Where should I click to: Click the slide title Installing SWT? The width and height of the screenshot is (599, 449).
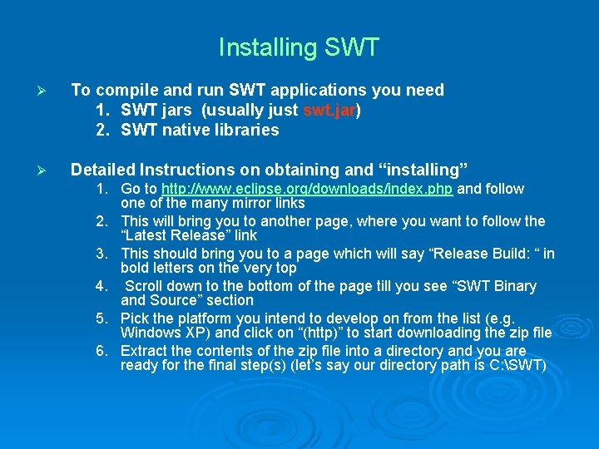point(299,47)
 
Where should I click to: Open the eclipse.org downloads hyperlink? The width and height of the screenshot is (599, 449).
point(307,189)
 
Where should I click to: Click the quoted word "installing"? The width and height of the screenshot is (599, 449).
point(423,170)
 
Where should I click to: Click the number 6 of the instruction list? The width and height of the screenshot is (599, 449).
point(100,350)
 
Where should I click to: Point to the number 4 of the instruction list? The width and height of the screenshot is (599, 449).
point(100,286)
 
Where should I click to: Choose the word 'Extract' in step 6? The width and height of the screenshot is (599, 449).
point(144,350)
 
